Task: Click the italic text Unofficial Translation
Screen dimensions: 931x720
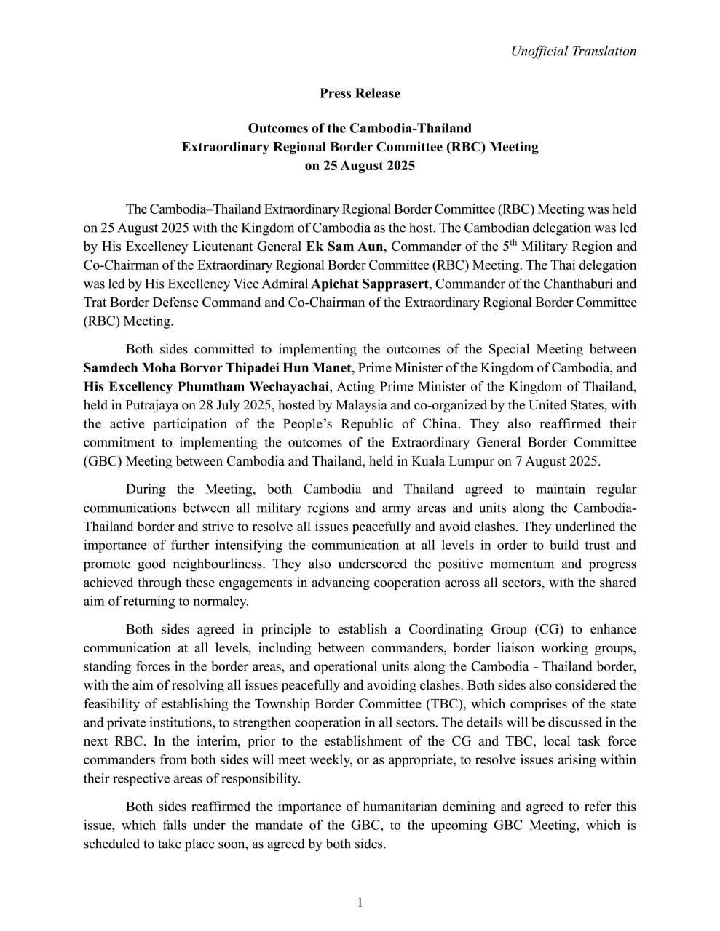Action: click(x=573, y=51)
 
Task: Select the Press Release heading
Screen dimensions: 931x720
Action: click(x=360, y=93)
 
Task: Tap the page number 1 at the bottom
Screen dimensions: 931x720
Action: click(x=360, y=903)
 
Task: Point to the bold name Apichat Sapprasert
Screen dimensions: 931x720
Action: click(x=369, y=284)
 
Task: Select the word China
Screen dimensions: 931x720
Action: click(x=434, y=424)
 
